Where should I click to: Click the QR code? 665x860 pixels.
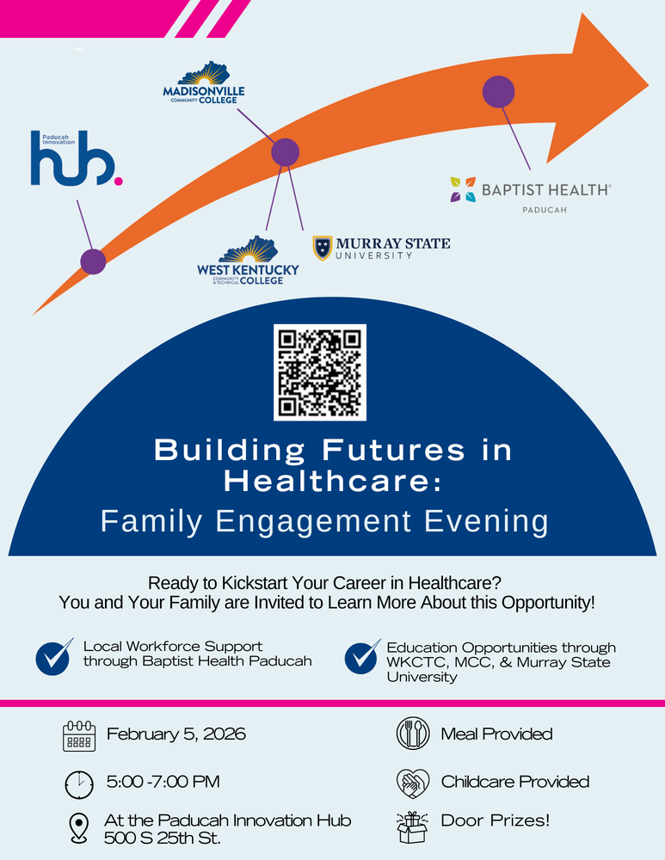(320, 372)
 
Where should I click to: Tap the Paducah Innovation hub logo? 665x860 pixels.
(76, 160)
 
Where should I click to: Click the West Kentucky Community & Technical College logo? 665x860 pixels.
(248, 261)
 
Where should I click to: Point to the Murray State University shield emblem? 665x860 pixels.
(322, 248)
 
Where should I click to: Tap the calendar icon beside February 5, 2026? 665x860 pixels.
(79, 736)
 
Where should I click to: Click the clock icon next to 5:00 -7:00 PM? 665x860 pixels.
(79, 783)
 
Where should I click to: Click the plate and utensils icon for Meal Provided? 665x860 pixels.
(412, 734)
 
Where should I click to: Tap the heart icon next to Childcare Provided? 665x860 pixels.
(412, 783)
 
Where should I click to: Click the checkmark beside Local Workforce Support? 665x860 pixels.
(53, 657)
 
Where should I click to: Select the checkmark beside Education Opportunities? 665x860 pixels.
(362, 657)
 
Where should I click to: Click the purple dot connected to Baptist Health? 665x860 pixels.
(498, 91)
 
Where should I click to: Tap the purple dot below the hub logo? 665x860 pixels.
(93, 261)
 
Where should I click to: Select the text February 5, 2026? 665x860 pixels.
(176, 734)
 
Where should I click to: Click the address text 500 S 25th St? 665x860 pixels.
(163, 838)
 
